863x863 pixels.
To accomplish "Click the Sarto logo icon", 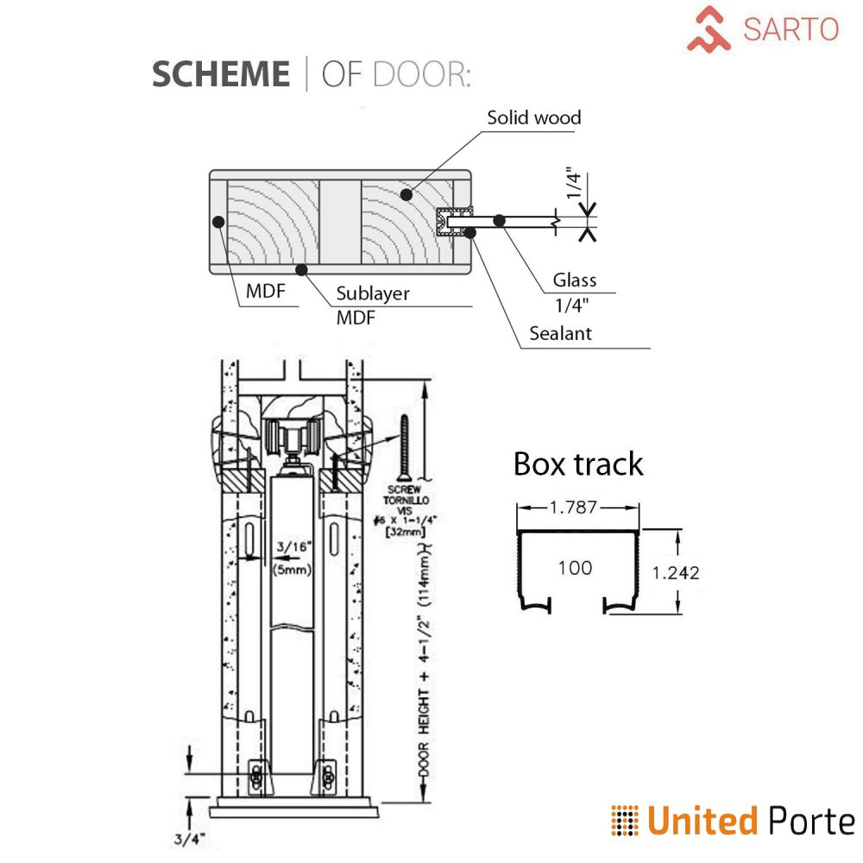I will pyautogui.click(x=709, y=28).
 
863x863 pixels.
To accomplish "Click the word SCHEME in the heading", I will pyautogui.click(x=221, y=74).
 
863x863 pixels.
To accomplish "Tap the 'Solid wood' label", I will pyautogui.click(x=533, y=117).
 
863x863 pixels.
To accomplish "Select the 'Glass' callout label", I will pyautogui.click(x=575, y=280).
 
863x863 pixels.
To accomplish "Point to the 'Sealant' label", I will pyautogui.click(x=561, y=333).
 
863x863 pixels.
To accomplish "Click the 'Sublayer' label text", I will pyautogui.click(x=372, y=293).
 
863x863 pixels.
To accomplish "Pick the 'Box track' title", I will pyautogui.click(x=578, y=463).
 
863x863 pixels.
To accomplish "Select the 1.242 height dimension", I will pyautogui.click(x=675, y=571).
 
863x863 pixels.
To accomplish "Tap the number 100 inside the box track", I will pyautogui.click(x=575, y=567).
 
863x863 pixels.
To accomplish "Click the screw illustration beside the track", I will pyautogui.click(x=403, y=448).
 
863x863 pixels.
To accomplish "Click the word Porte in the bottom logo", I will pyautogui.click(x=809, y=821).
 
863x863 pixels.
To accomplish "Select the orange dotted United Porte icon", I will pyautogui.click(x=625, y=820).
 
